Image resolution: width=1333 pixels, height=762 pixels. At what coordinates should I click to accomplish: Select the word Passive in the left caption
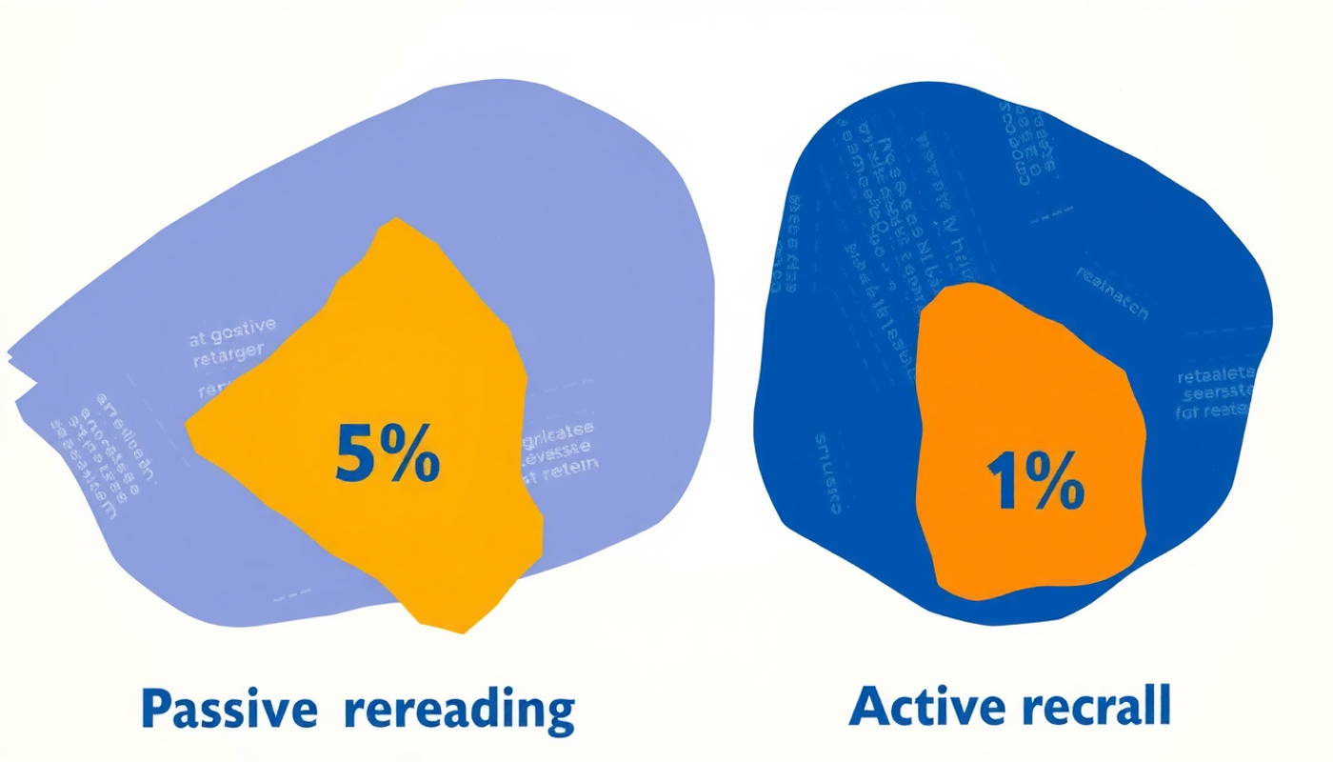pyautogui.click(x=229, y=710)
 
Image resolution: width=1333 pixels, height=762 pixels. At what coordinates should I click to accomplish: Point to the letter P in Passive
pyautogui.click(x=157, y=710)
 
